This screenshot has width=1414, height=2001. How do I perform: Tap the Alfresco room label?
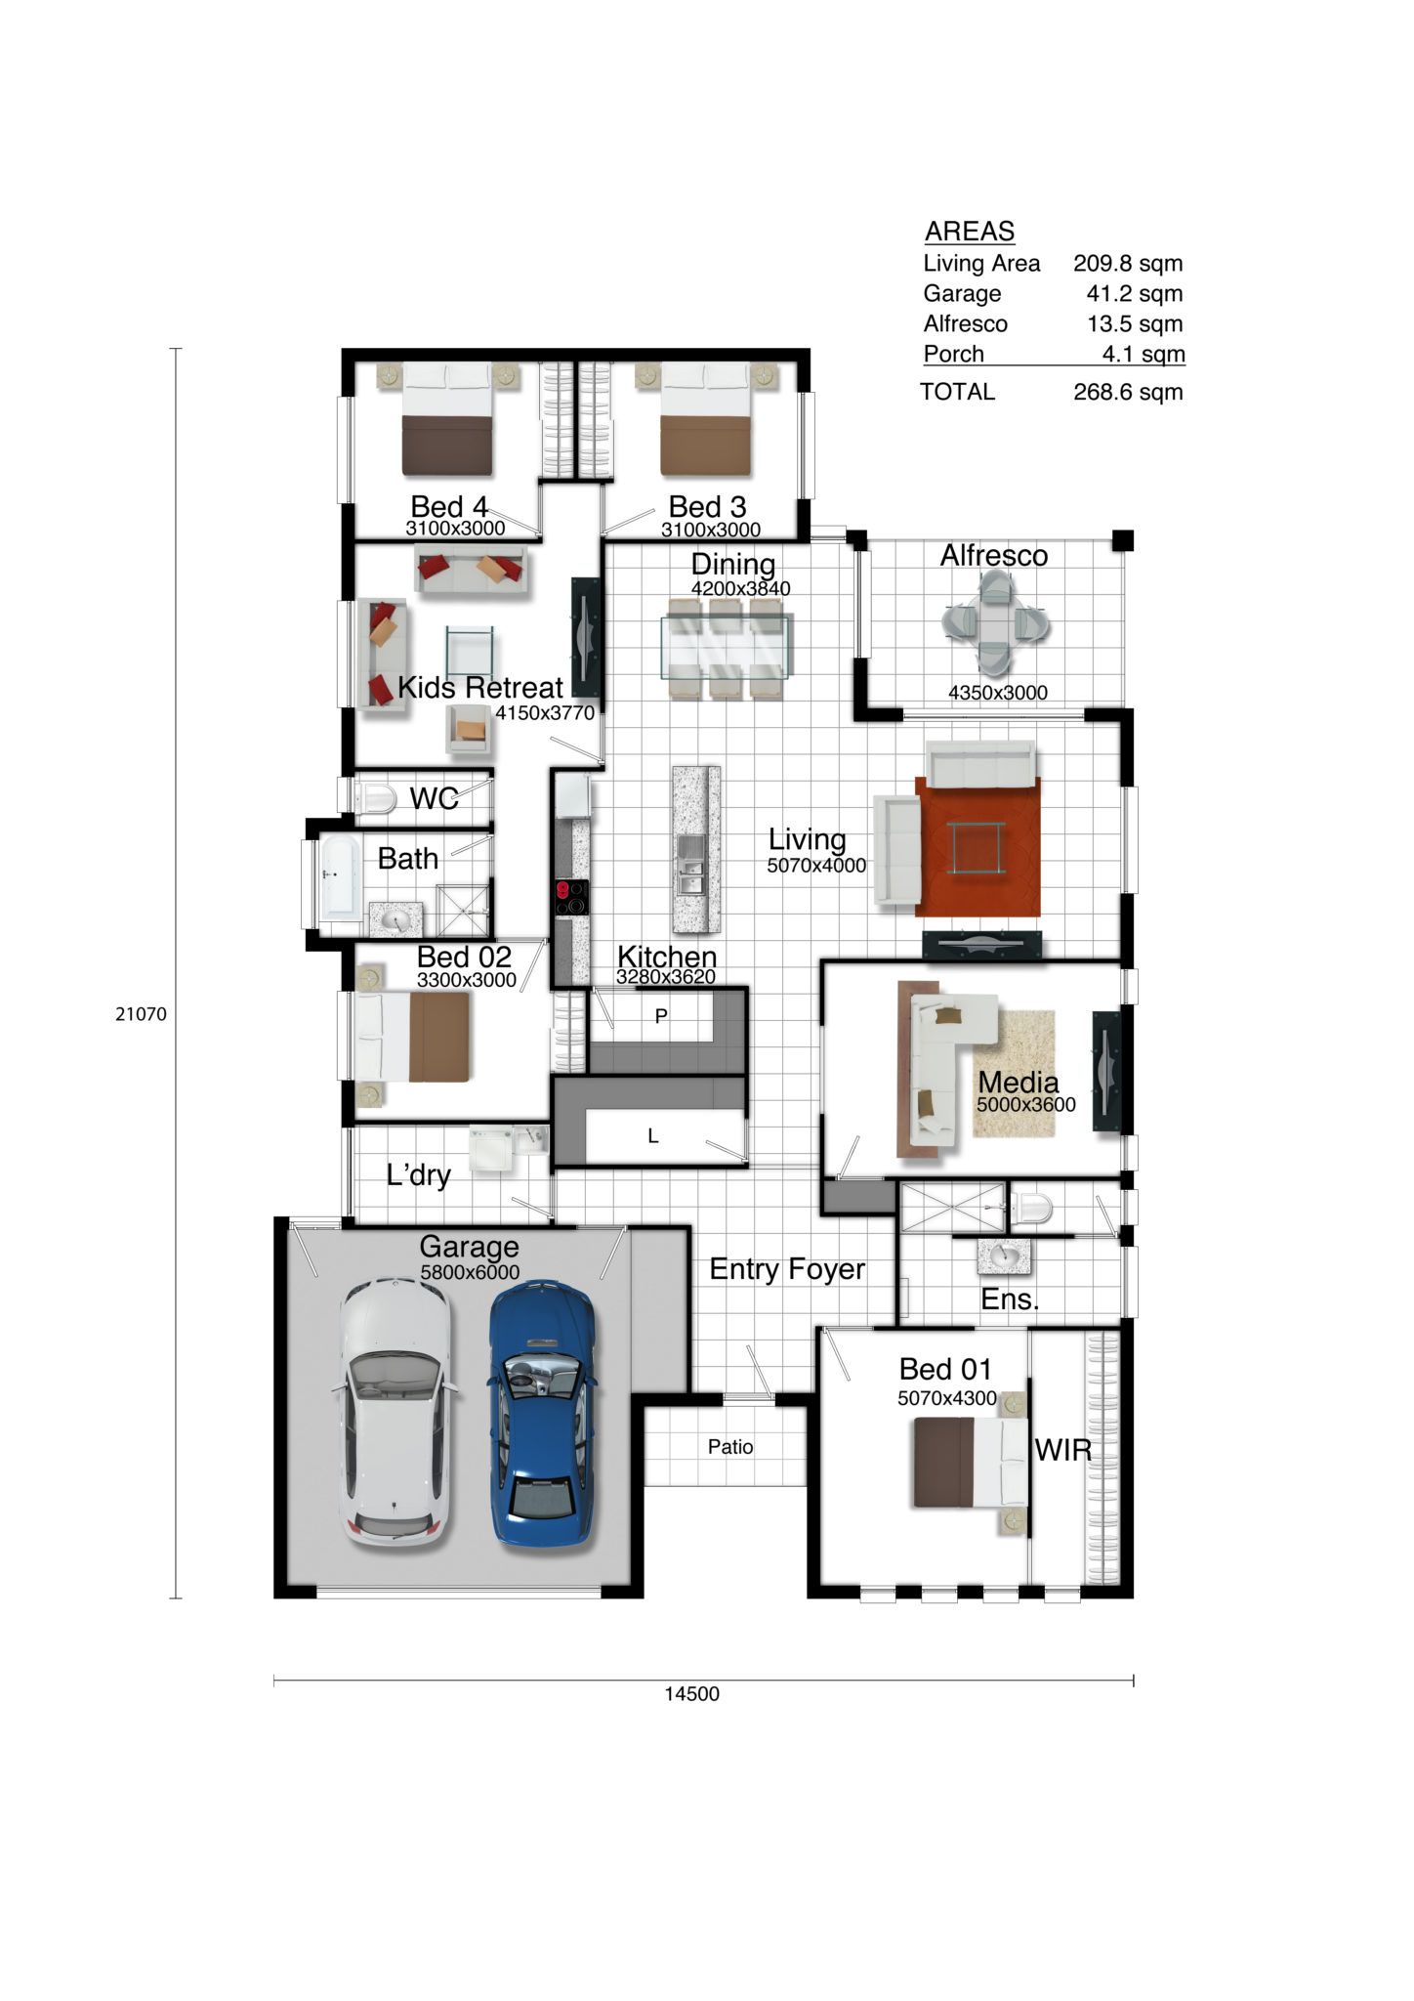994,555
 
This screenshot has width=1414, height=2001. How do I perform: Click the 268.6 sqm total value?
1128,392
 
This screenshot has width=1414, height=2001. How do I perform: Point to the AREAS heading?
970,232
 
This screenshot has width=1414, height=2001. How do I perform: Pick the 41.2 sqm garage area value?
1135,293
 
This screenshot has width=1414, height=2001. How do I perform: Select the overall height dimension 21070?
142,1014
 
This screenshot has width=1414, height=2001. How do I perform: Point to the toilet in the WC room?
375,798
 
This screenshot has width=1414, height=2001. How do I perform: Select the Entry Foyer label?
787,1269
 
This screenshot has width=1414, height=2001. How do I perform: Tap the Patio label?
730,1446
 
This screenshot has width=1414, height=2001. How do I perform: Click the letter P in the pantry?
661,1016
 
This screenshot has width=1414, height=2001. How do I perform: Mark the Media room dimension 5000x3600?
1026,1105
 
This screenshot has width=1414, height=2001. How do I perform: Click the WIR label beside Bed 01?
1063,1450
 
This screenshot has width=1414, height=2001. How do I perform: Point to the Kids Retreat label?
480,687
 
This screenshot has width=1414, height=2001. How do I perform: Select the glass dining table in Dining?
728,646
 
